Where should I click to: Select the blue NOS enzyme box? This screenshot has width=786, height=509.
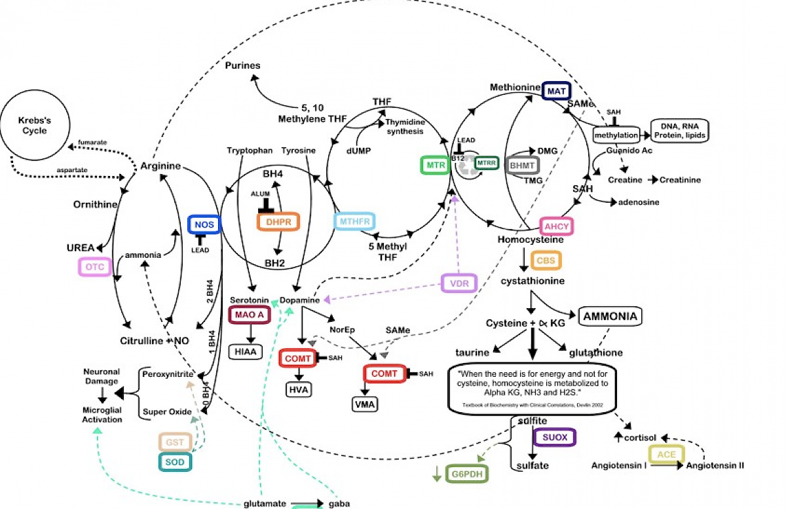point(204,224)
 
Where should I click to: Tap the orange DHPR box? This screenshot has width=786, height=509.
point(278,222)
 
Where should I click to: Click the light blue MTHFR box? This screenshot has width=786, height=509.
point(355,222)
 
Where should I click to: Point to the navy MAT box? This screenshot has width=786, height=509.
point(556,90)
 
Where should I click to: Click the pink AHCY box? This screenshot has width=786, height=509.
point(556,227)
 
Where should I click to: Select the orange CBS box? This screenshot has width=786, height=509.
point(546,260)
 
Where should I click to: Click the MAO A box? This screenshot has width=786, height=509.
point(246,314)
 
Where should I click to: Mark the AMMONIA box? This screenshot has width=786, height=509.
point(609,317)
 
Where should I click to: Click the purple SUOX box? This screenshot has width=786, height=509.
point(554,437)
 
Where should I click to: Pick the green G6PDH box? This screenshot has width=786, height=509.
point(467,474)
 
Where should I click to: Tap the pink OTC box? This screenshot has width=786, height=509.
point(95,267)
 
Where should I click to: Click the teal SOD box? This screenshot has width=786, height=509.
point(174,462)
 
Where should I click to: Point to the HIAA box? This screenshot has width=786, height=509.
point(246,352)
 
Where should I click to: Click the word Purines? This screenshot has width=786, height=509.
point(242,65)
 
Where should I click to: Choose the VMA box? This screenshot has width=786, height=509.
point(364,404)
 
